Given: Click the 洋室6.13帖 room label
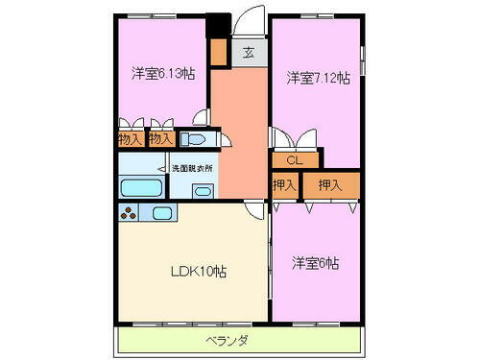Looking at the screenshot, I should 163,72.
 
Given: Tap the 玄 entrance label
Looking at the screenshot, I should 248,53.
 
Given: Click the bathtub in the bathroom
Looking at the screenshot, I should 142,188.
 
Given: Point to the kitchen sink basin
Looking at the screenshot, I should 161,213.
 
